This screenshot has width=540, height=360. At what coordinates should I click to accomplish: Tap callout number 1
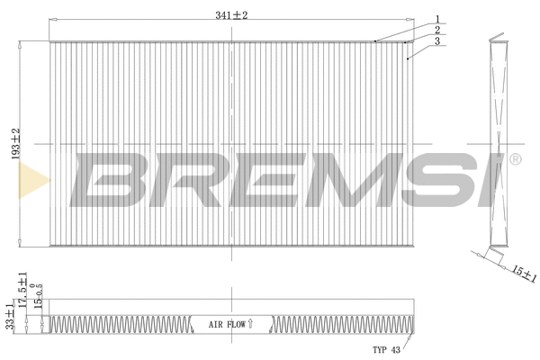point(436,19)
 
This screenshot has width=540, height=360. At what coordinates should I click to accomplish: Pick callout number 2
point(436,30)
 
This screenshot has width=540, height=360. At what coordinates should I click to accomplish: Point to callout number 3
point(436,40)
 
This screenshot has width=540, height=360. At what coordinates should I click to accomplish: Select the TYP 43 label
point(386,348)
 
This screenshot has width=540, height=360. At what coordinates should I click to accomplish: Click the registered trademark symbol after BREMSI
point(515,159)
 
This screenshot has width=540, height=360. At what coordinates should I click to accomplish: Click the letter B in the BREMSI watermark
point(109,178)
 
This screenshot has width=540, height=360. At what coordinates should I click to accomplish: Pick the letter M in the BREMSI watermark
point(342,178)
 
